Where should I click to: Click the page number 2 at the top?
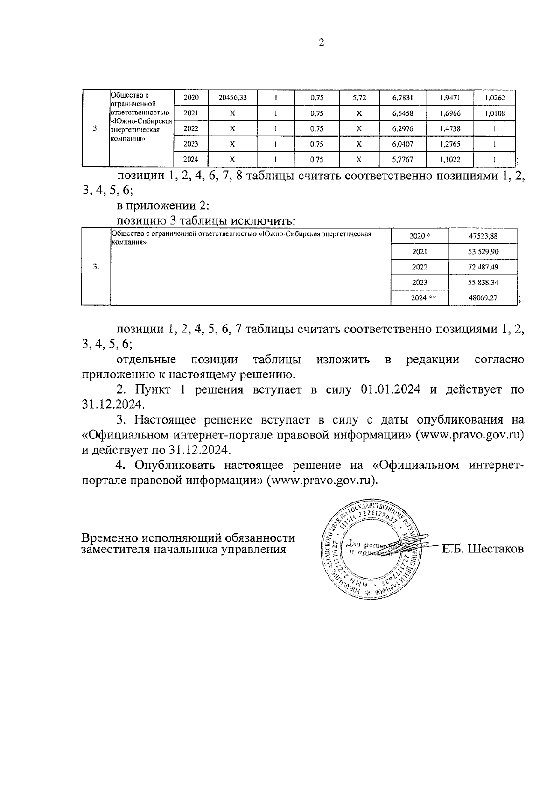pos(321,43)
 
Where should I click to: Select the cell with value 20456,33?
pos(232,98)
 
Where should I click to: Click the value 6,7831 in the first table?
pos(402,98)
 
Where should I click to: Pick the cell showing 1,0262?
pos(494,98)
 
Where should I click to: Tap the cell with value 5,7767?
pos(402,159)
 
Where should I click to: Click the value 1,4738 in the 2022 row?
pos(450,129)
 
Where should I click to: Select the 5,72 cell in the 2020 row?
pos(359,98)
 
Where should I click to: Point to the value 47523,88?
pos(483,236)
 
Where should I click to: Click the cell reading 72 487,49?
pos(483,267)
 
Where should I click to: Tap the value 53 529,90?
pos(483,252)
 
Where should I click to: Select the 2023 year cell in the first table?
pos(190,144)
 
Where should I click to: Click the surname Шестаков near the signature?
pos(496,548)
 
